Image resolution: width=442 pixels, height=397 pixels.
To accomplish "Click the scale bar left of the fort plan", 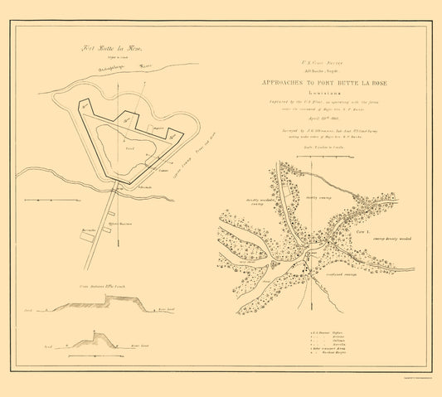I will pyautogui.click(x=45, y=200).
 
